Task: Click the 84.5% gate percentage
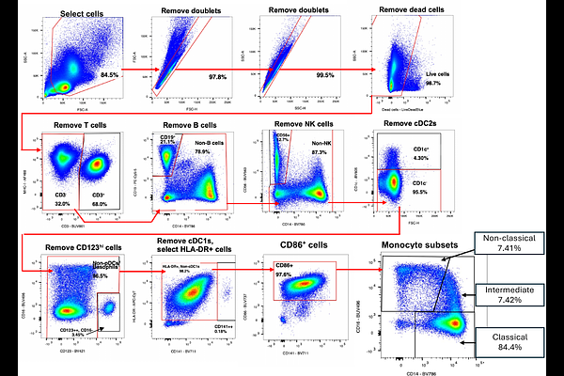110,73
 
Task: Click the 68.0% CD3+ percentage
99,202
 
